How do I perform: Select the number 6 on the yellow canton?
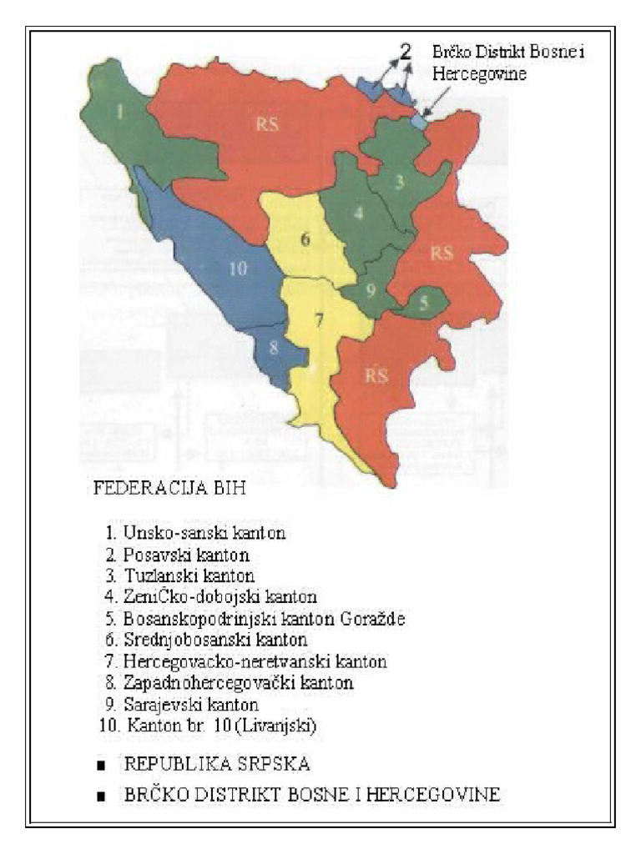point(305,239)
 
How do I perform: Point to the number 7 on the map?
point(317,319)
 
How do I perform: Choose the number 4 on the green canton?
point(358,213)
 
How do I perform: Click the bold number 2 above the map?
point(405,52)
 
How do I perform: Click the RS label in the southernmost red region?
point(377,375)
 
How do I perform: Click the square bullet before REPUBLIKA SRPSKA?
point(101,766)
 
